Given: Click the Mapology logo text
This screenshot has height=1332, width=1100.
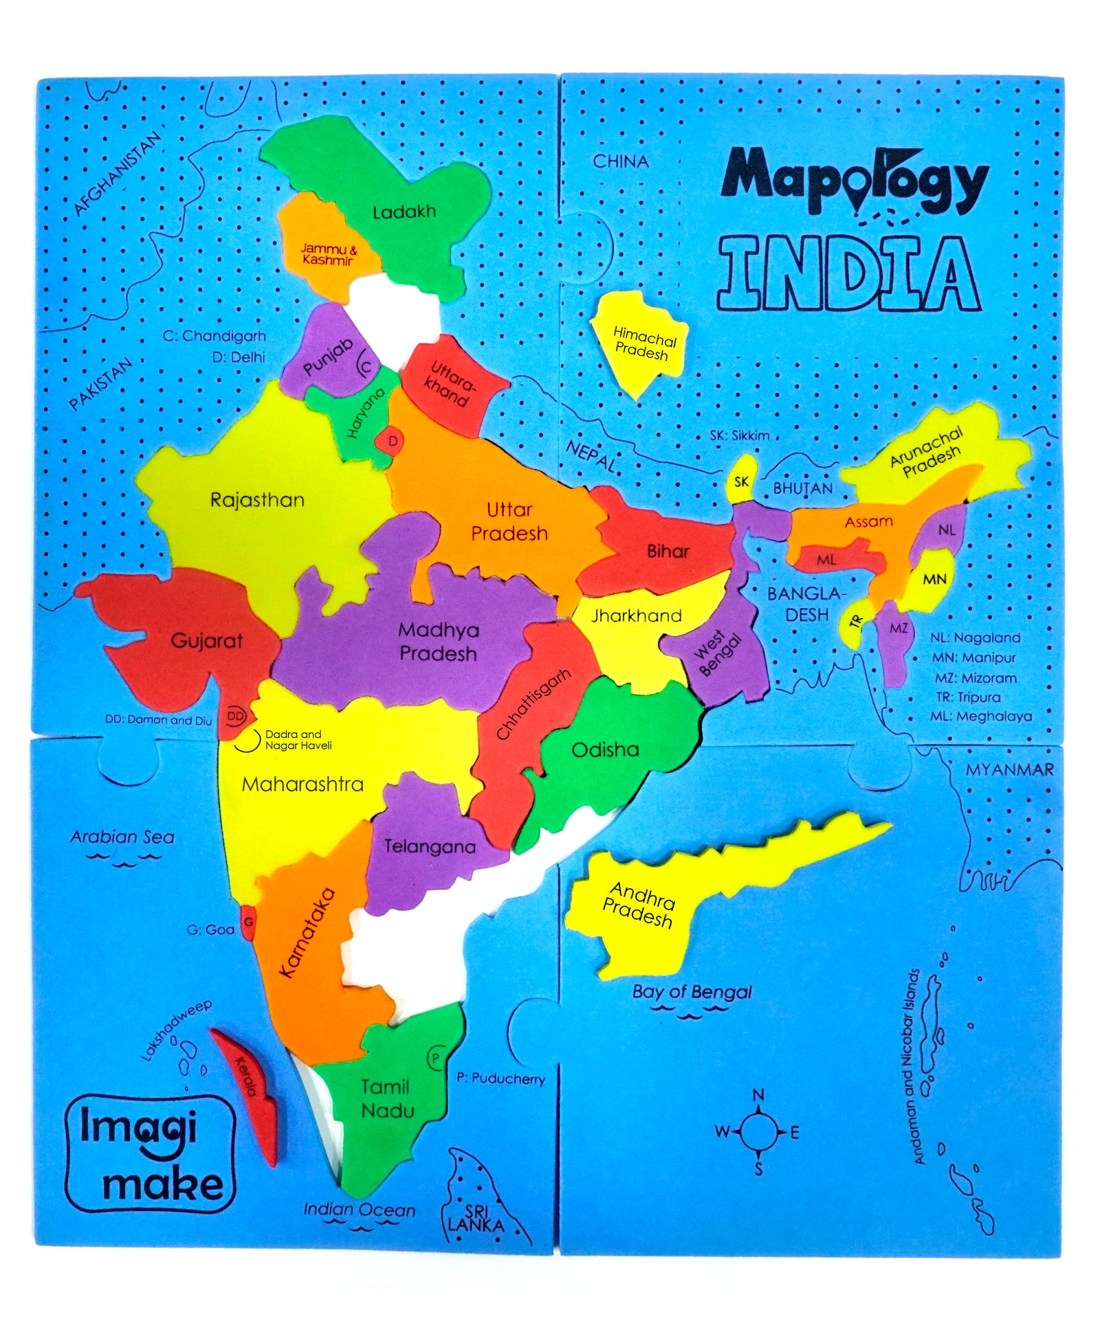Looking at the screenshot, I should (855, 181).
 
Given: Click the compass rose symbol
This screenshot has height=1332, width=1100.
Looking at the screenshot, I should (758, 1131).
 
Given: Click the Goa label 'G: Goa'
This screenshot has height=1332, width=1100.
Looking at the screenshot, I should (210, 929).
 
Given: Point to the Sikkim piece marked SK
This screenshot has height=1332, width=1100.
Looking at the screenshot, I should (741, 481).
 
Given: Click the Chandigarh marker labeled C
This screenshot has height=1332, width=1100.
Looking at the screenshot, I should (366, 367).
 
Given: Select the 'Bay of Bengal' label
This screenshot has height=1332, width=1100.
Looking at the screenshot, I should (692, 991).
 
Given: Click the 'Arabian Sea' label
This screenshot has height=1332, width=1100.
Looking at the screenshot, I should (122, 837).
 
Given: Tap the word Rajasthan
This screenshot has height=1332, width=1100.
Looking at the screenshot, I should (257, 499).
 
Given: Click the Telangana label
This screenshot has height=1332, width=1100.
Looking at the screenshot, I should (430, 846).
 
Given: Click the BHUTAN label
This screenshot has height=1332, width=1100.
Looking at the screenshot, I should (802, 488).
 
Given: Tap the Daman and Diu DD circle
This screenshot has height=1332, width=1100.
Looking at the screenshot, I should (236, 716).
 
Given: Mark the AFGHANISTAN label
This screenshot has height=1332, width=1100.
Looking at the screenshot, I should (118, 174).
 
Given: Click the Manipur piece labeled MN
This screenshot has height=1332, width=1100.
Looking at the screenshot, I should (934, 579).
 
